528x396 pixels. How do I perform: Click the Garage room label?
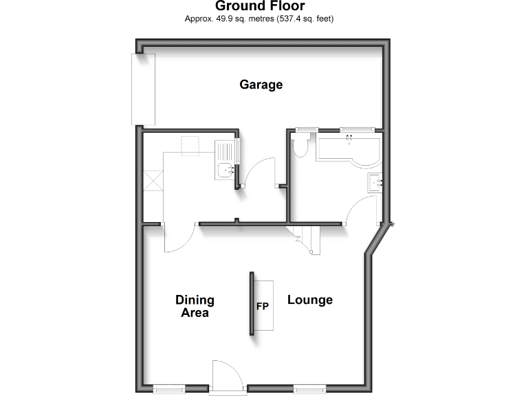(x=261, y=85)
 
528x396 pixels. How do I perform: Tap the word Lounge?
(x=309, y=300)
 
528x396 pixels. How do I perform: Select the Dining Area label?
(x=195, y=306)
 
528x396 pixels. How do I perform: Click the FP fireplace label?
(x=262, y=307)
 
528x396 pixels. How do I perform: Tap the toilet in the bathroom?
(x=300, y=146)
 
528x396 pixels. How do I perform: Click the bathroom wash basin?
(x=375, y=183)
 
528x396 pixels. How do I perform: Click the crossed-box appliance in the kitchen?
(x=153, y=181)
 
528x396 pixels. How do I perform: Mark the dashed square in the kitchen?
(x=190, y=145)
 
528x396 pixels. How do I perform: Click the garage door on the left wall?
(x=144, y=89)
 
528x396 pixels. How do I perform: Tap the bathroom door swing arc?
(x=361, y=209)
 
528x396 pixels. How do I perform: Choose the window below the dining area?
(x=168, y=390)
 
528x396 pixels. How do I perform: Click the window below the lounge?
(x=309, y=390)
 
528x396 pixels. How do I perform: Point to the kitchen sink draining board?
(x=224, y=151)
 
